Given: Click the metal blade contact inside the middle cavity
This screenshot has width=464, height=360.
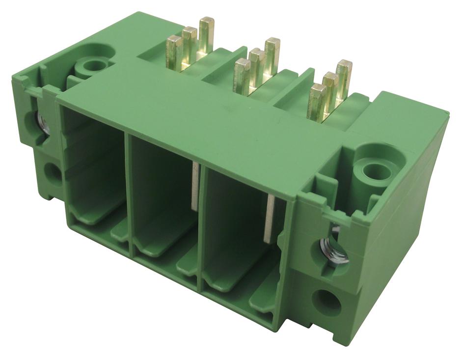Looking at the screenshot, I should pos(195,186).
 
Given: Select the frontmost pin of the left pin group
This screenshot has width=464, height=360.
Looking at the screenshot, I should pos(174,52).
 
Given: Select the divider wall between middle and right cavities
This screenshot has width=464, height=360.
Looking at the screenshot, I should pos(201,221).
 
